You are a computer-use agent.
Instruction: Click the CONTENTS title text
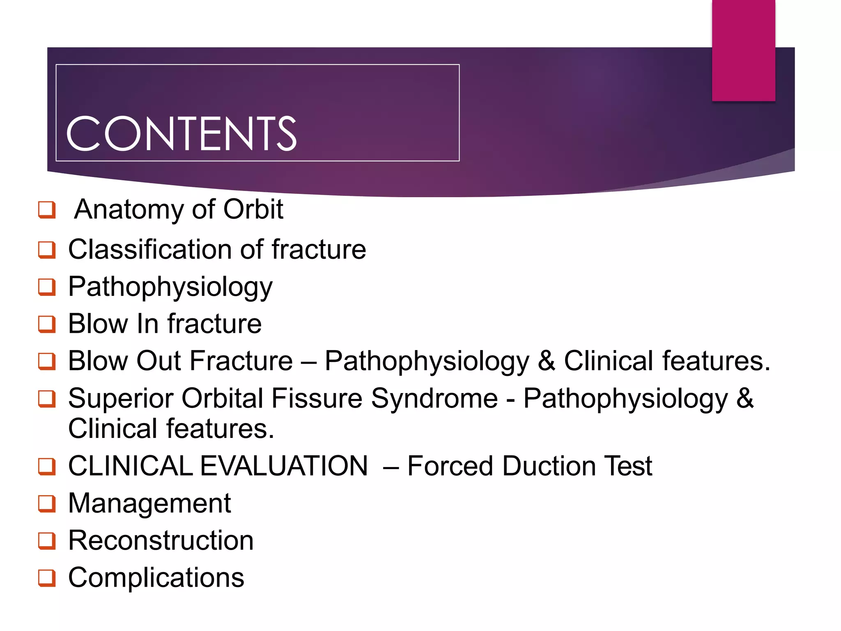pyautogui.click(x=181, y=133)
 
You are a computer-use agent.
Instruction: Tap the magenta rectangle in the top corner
pyautogui.click(x=743, y=50)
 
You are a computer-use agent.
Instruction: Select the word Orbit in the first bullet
pyautogui.click(x=253, y=210)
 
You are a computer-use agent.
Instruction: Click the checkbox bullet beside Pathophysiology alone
pyautogui.click(x=47, y=287)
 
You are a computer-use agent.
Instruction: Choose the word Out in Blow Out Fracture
pyautogui.click(x=159, y=361)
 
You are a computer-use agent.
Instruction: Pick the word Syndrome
pyautogui.click(x=434, y=398)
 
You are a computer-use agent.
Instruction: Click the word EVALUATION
pyautogui.click(x=284, y=466)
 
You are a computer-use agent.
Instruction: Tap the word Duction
pyautogui.click(x=549, y=466)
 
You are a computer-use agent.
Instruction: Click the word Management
pyautogui.click(x=149, y=504)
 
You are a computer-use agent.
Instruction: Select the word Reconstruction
pyautogui.click(x=161, y=541)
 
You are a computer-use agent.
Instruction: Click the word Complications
pyautogui.click(x=156, y=578)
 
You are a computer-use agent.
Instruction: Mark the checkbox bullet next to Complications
pyautogui.click(x=47, y=578)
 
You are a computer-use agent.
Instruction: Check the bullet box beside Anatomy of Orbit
pyautogui.click(x=47, y=210)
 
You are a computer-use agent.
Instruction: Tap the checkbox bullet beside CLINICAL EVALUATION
pyautogui.click(x=47, y=466)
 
